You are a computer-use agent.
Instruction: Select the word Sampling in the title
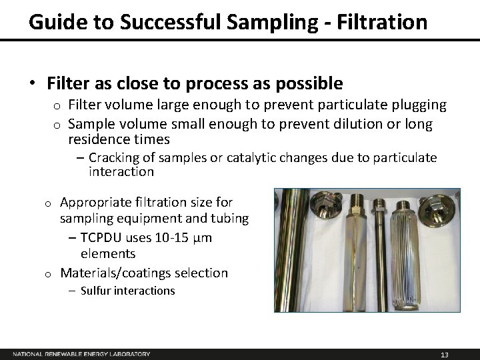[x=273, y=21]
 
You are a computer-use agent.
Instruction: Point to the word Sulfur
[x=99, y=291]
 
